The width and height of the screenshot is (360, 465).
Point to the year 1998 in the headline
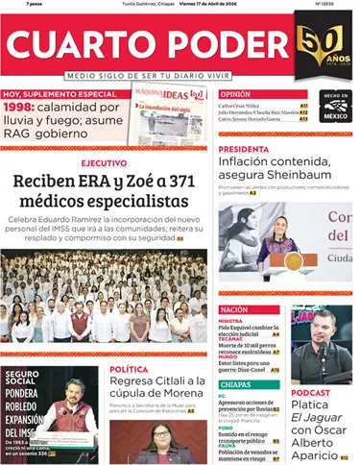18,108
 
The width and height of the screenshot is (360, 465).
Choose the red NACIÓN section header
234,310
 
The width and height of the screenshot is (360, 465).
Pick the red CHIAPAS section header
235,383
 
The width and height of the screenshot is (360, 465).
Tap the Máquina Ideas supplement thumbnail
169,112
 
